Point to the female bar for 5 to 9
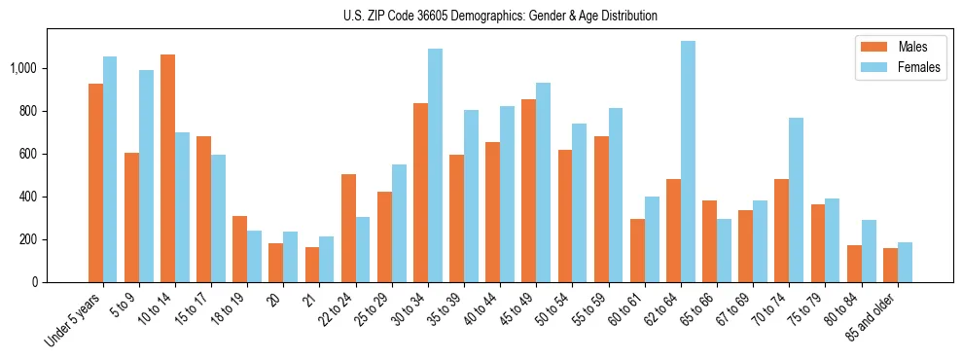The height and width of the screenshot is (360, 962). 146,176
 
